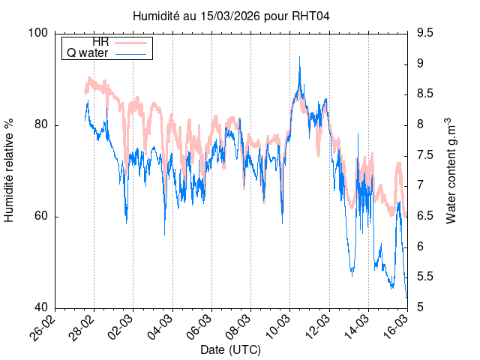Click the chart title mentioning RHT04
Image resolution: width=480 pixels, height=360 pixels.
tap(231, 16)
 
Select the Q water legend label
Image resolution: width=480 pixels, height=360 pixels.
tap(88, 53)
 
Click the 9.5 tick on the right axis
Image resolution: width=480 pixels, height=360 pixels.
tap(424, 33)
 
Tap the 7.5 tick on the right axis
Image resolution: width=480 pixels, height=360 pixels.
tap(424, 155)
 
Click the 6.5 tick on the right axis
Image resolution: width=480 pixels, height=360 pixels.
tap(424, 216)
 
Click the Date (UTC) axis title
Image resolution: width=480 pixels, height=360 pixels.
tap(230, 349)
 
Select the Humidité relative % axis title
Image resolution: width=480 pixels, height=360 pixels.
tap(10, 169)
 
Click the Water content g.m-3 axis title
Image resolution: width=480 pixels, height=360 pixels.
tap(451, 170)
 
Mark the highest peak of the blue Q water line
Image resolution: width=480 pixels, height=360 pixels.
tap(300, 57)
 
